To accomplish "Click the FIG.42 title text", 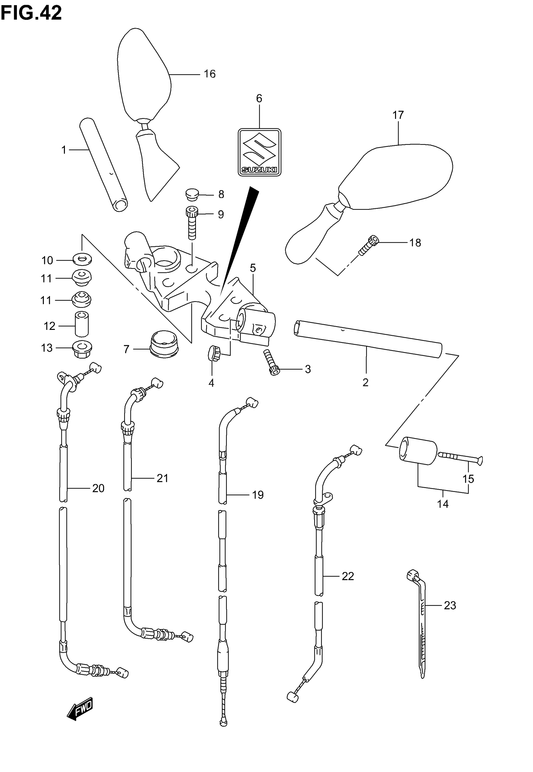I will (31, 13).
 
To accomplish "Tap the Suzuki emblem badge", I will (259, 152).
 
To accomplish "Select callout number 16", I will (210, 74).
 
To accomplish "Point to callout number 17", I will (398, 115).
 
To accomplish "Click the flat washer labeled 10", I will (82, 259).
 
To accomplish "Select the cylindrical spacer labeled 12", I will (82, 324).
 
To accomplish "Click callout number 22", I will (348, 576).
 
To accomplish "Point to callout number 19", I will (258, 494).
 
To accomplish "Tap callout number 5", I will (253, 268).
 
